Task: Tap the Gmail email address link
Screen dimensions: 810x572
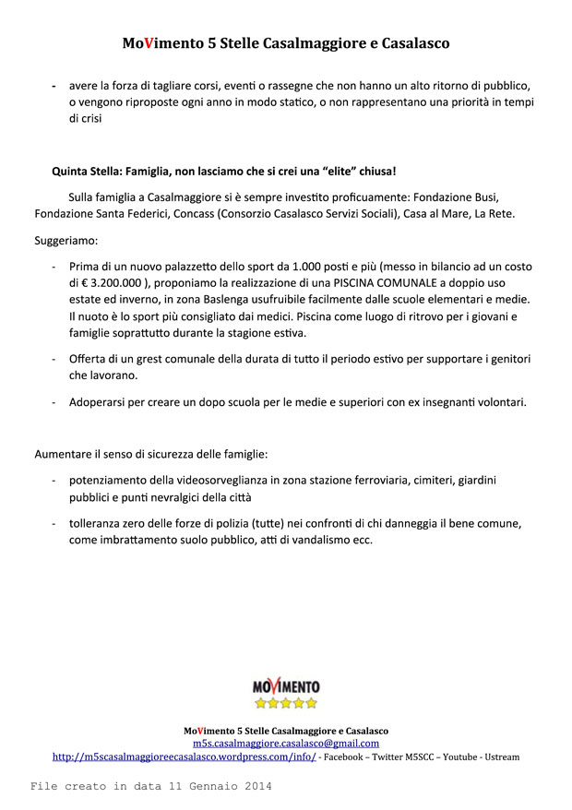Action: tap(286, 743)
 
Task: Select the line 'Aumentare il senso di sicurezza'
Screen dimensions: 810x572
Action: tap(151, 454)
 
